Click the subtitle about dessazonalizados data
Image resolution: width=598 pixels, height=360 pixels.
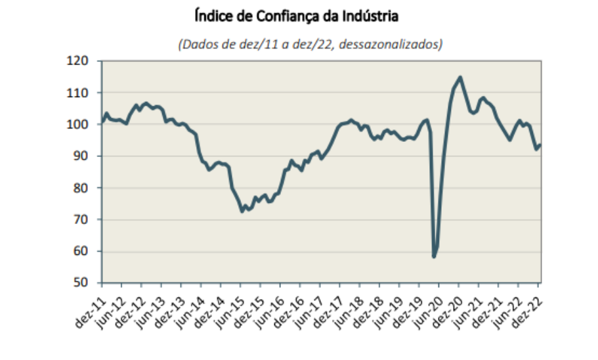pos(310,45)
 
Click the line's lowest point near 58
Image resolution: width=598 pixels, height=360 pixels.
pos(434,256)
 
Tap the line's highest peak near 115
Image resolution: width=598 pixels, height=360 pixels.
pos(459,77)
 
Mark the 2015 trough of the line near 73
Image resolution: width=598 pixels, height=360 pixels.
pos(242,212)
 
